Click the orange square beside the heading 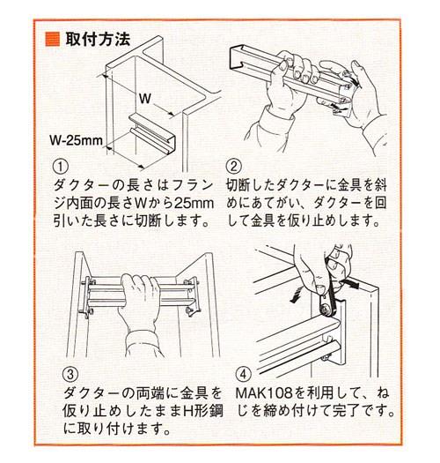[x=52, y=40]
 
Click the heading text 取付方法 [x=98, y=39]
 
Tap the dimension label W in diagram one [x=145, y=98]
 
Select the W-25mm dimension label [x=76, y=140]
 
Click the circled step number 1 [x=61, y=167]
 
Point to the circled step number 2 [x=233, y=167]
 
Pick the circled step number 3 [x=70, y=374]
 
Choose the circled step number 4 [x=243, y=374]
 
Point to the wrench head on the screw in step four [x=325, y=310]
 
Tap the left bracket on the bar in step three [x=87, y=296]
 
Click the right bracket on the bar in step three [x=192, y=296]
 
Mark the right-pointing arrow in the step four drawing [x=351, y=283]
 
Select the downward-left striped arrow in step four [x=297, y=294]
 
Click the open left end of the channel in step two [x=238, y=58]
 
